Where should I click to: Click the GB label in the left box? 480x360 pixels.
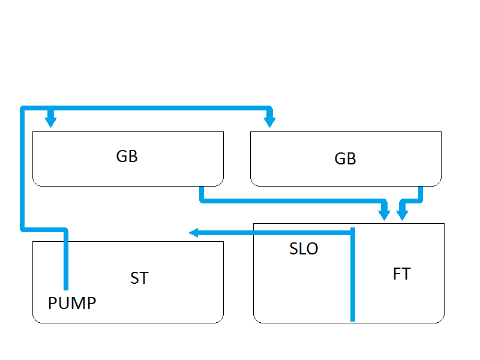point(127,156)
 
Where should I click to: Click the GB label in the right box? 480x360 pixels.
point(345,158)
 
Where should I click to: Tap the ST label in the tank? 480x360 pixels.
point(139,278)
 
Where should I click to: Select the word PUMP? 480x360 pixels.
point(72,304)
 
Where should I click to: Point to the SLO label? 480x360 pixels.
point(304,249)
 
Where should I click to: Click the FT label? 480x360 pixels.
point(401,274)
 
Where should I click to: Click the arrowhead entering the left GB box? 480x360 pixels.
point(51,122)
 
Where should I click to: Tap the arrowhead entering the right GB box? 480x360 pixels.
point(270,122)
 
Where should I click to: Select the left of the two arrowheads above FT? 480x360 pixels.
point(385,214)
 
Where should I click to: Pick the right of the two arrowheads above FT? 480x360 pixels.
point(402,214)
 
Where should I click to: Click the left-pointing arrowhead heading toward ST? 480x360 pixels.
point(193,233)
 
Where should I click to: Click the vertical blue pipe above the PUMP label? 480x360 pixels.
point(66,261)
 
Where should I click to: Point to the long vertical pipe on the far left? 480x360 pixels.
point(23,168)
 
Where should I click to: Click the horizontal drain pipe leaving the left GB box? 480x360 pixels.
point(288,200)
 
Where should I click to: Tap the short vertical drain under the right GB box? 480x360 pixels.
point(420,193)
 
